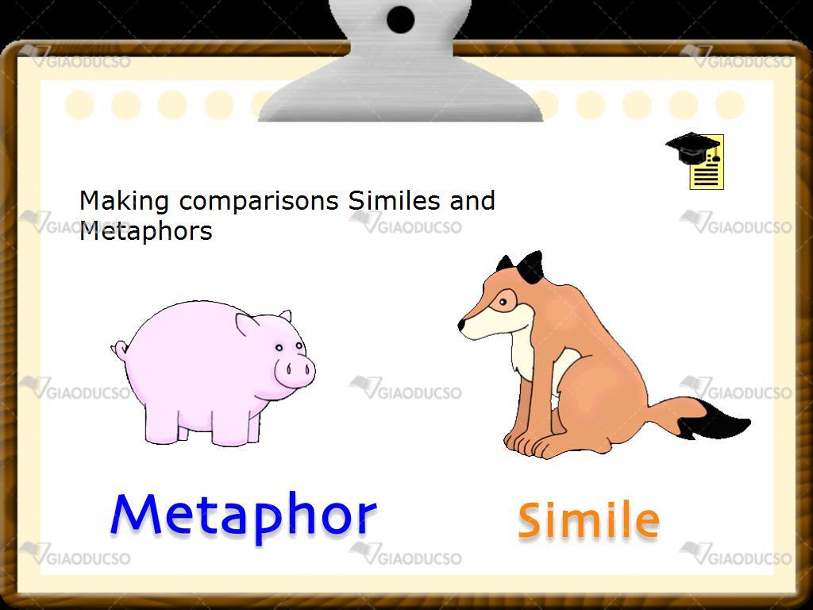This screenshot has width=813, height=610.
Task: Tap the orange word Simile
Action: point(588,519)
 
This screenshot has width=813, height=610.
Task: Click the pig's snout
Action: point(295,370)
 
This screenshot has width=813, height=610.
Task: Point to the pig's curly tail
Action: point(120,350)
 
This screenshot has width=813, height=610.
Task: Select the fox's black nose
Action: point(461,325)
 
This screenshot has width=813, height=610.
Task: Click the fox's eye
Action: point(503,301)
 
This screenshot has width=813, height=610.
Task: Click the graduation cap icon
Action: point(695,160)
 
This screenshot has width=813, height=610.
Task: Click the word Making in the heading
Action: point(124,201)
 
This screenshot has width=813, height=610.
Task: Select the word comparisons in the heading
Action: point(259,201)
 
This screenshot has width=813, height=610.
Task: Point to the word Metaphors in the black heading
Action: point(146,230)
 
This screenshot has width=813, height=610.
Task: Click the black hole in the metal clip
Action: point(400,19)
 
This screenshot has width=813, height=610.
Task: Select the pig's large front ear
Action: point(247,324)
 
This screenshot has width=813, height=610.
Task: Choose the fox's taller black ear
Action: point(531,267)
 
